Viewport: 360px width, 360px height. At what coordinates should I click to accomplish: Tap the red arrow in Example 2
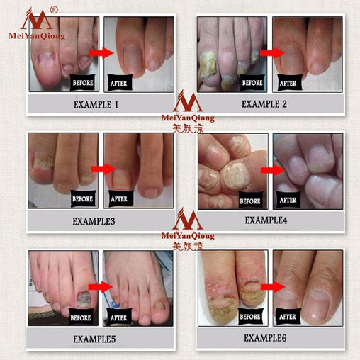270,52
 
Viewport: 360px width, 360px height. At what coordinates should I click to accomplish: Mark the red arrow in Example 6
269,287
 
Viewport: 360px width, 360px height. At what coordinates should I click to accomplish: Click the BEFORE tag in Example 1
83,84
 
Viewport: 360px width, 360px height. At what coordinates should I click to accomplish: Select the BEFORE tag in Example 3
83,199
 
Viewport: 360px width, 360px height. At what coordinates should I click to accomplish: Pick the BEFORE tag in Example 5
83,317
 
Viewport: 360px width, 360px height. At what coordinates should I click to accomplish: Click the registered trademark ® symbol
53,9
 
